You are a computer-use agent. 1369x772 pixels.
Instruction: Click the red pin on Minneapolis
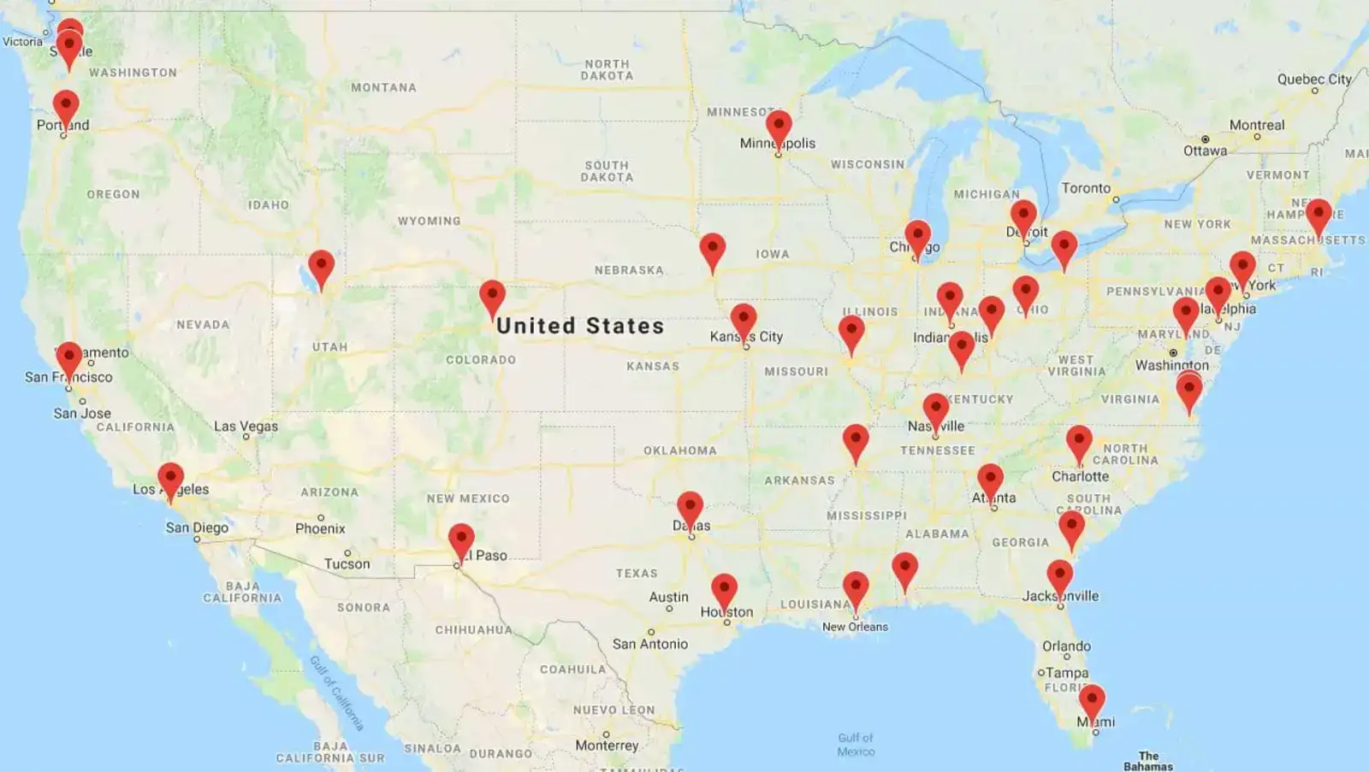point(779,128)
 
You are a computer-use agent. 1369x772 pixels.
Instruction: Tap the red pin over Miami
point(1091,701)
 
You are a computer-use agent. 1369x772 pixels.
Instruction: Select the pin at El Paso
point(461,540)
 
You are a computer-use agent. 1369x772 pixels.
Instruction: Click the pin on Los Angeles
point(170,479)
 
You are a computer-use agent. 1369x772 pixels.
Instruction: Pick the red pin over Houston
point(724,590)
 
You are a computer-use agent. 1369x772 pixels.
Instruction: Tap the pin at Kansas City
point(744,320)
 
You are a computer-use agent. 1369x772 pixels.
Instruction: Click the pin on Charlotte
point(1079,442)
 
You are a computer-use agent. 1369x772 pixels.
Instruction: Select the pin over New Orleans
point(856,588)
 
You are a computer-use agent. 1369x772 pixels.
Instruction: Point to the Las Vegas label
point(246,426)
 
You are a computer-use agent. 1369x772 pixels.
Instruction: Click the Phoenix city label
point(320,528)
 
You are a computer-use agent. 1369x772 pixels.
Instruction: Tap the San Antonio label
point(649,644)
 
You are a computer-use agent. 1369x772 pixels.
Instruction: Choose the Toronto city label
point(1086,188)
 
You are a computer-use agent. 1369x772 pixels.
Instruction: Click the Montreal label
point(1256,125)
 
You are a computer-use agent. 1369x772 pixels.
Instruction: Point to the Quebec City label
point(1314,80)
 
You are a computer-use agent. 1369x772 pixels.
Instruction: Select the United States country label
point(580,326)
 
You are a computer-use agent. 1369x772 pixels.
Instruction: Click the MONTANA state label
point(383,87)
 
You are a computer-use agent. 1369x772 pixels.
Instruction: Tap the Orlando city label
point(1066,646)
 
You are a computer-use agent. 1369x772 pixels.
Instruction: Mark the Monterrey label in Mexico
point(607,745)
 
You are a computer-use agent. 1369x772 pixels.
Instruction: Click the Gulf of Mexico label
point(856,745)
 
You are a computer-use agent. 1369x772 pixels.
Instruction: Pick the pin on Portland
point(66,108)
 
